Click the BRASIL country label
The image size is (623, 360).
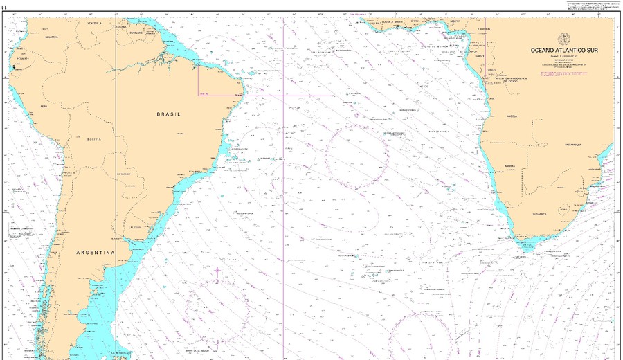tap(168, 114)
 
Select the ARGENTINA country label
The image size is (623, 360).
tap(95, 253)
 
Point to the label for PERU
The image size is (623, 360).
tap(44, 107)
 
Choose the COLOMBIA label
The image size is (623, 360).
tap(51, 37)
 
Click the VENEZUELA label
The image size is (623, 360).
tap(94, 23)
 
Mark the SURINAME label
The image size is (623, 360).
tap(136, 33)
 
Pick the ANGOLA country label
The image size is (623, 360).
tap(512, 116)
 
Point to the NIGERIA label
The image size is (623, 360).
tap(455, 21)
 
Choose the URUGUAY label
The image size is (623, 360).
tap(135, 227)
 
